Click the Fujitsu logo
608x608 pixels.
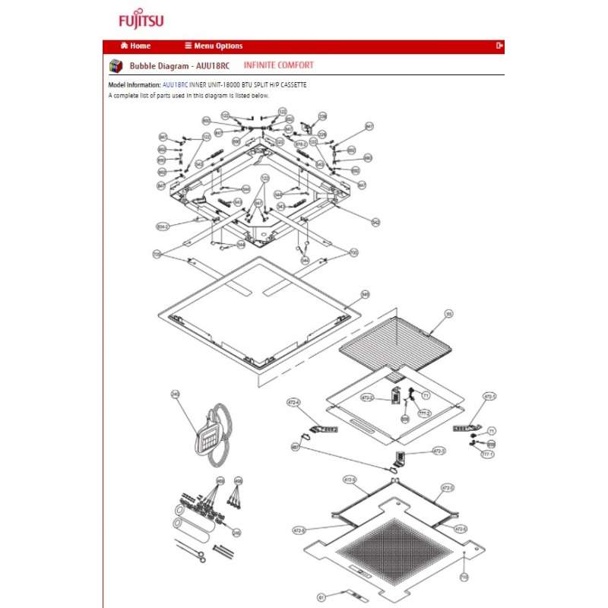(x=141, y=20)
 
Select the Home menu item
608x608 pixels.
(x=136, y=46)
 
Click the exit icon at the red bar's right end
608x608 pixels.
(x=499, y=46)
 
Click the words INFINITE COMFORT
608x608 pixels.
(x=278, y=65)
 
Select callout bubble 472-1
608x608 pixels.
(x=489, y=397)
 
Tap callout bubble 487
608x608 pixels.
(x=295, y=448)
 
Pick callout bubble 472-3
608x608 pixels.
(x=439, y=451)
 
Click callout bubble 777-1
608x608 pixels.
(x=487, y=454)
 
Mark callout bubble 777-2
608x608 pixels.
(x=426, y=413)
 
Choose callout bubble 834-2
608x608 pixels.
(x=161, y=226)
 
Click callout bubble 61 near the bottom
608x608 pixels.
(x=321, y=597)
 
